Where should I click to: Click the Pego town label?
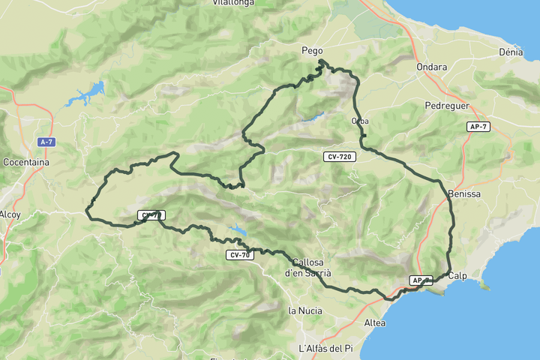point(312,51)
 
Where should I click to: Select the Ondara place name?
point(432,67)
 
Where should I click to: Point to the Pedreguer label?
point(446,106)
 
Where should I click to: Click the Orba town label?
point(359,121)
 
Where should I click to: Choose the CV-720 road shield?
point(340,157)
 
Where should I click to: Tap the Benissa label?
point(463,194)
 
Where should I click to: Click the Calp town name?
point(457,276)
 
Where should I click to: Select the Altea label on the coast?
point(374,323)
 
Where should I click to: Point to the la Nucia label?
point(305,310)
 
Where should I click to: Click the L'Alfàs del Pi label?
point(325,349)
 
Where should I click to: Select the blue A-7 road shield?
point(46,142)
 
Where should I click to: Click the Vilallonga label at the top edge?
point(234,3)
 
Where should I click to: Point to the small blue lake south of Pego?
point(313,117)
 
